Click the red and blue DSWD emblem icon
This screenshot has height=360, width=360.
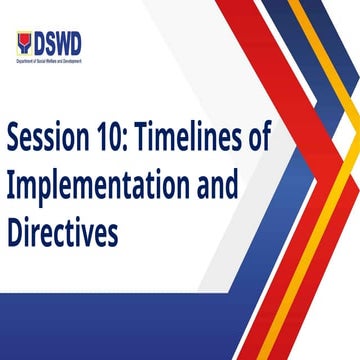(x=25, y=43)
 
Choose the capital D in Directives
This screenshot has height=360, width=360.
(x=15, y=232)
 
